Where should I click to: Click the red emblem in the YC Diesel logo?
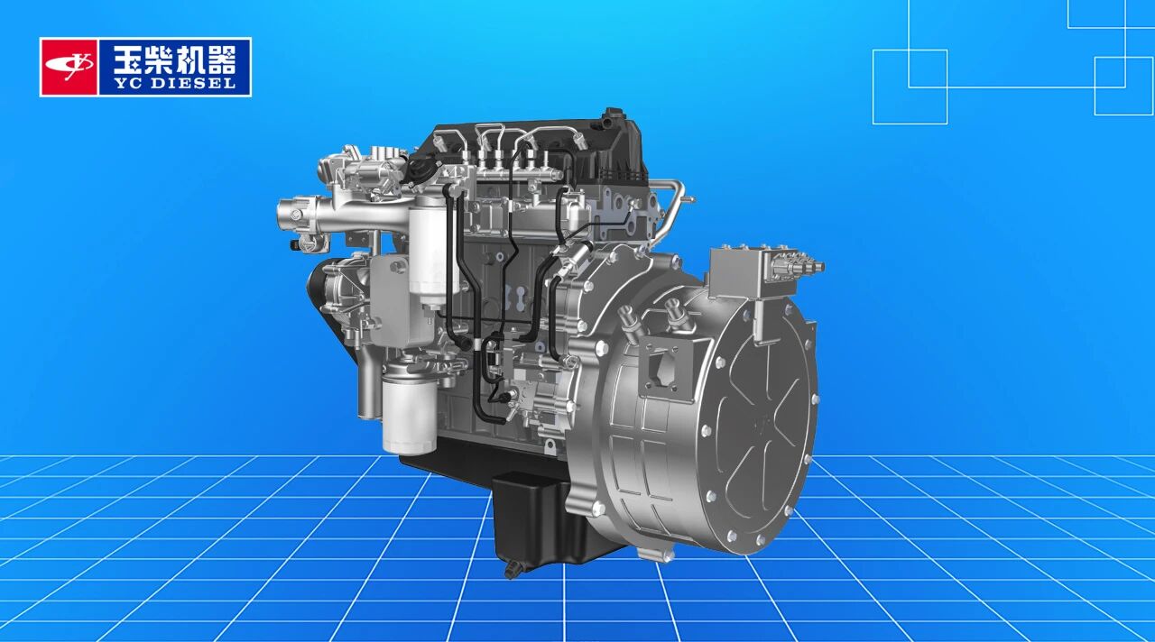(69, 67)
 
